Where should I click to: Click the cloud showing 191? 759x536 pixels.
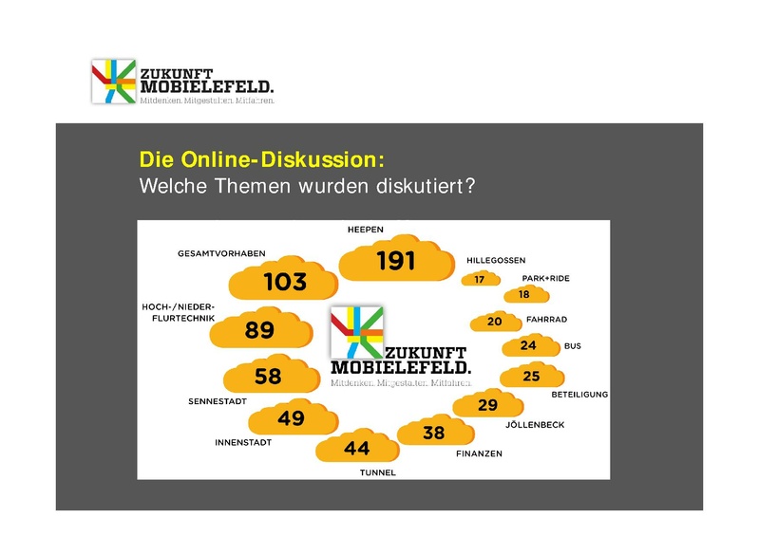(395, 260)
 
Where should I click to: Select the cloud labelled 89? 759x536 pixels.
(258, 330)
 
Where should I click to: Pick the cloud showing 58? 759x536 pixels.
(268, 377)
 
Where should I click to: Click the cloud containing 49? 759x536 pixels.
(291, 417)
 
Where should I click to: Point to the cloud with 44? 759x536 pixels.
(356, 448)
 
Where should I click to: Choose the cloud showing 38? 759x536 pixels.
(433, 433)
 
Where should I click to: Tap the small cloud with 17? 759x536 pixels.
(480, 280)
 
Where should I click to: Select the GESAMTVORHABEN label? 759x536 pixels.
(220, 253)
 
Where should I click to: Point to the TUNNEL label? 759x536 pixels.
(377, 472)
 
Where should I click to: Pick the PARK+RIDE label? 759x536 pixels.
(545, 278)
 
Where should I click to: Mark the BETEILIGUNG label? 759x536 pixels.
(579, 394)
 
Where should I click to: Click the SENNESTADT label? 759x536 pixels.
(218, 402)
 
